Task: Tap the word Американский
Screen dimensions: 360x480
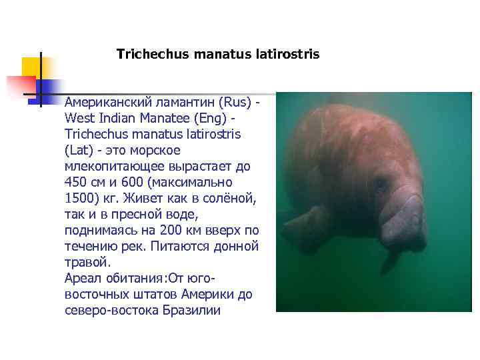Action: [x=109, y=103]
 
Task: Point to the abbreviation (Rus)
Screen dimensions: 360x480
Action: [x=235, y=103]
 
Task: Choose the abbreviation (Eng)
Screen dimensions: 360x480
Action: [x=222, y=119]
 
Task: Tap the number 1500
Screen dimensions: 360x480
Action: [x=79, y=199]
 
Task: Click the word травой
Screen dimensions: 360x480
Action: [x=87, y=263]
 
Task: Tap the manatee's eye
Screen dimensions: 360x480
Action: [x=381, y=182]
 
